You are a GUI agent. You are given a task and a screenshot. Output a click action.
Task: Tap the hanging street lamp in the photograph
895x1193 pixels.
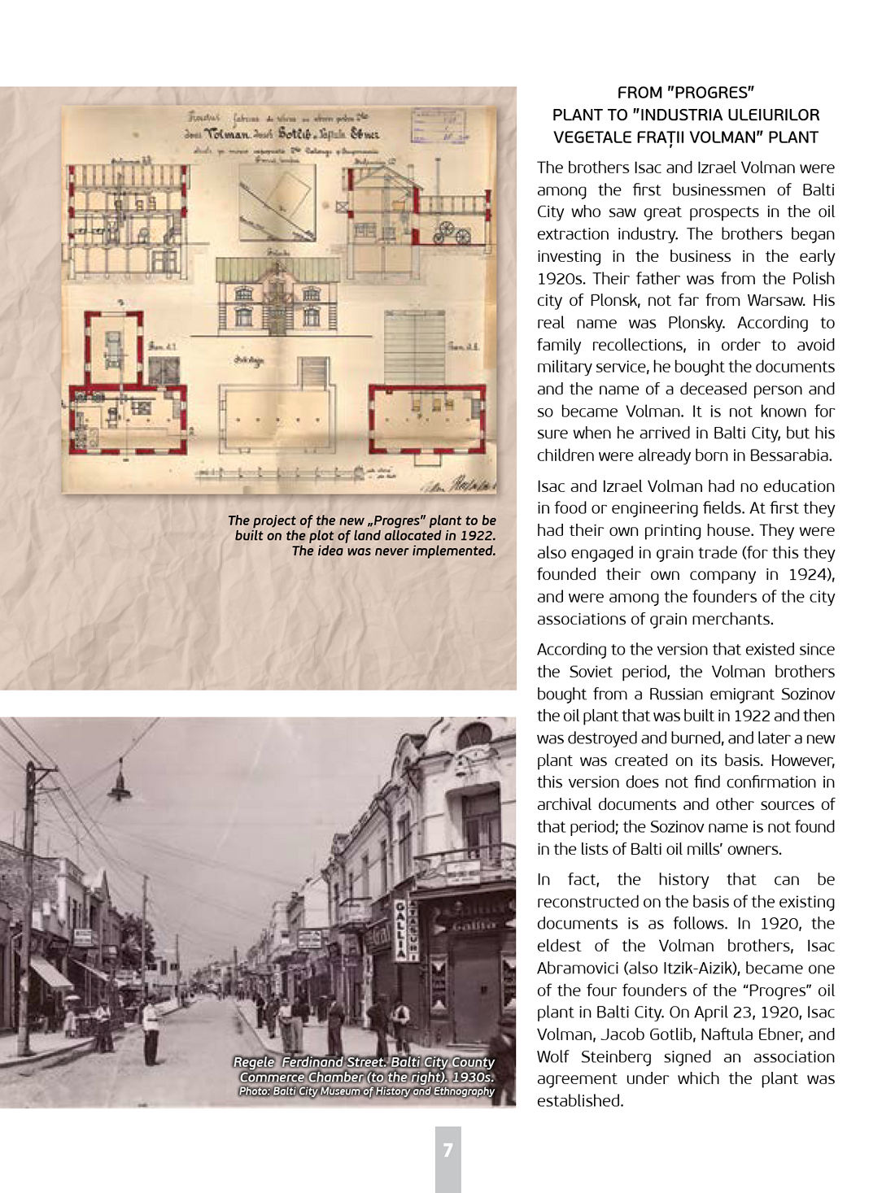point(120,782)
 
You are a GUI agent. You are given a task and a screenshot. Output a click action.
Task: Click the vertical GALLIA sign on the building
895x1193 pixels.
point(402,930)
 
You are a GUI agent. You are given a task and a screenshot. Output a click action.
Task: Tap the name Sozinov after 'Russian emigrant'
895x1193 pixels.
point(803,694)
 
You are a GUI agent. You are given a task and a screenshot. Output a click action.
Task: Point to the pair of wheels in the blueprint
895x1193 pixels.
point(452,233)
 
